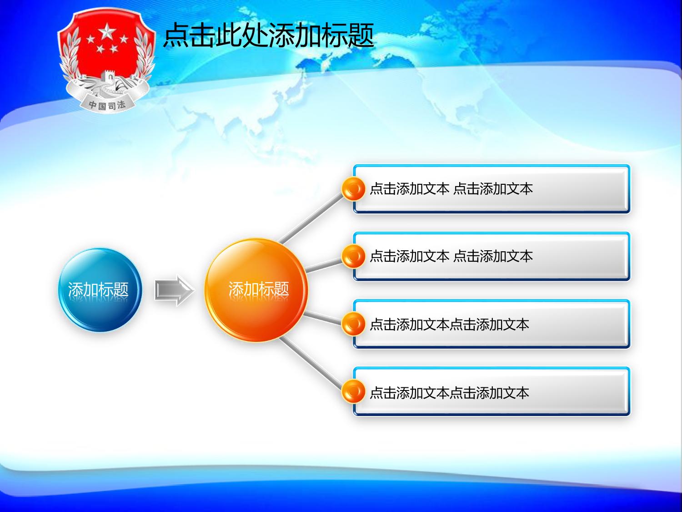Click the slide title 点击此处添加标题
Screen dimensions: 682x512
269,35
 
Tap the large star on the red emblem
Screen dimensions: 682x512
107,31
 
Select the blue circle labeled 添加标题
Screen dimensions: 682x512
100,290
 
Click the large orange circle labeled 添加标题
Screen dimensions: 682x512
256,290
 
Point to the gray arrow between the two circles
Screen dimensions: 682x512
174,291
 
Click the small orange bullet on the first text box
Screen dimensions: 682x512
353,189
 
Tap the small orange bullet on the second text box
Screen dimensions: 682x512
353,257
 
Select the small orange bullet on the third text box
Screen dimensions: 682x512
353,324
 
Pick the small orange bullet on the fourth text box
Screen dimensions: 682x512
353,392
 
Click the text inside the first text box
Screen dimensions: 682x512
451,189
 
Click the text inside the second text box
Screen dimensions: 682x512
451,257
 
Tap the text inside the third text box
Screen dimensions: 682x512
449,324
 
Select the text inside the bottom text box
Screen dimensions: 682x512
449,393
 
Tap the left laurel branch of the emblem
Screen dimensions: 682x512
70,56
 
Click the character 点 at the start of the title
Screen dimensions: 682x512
176,35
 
